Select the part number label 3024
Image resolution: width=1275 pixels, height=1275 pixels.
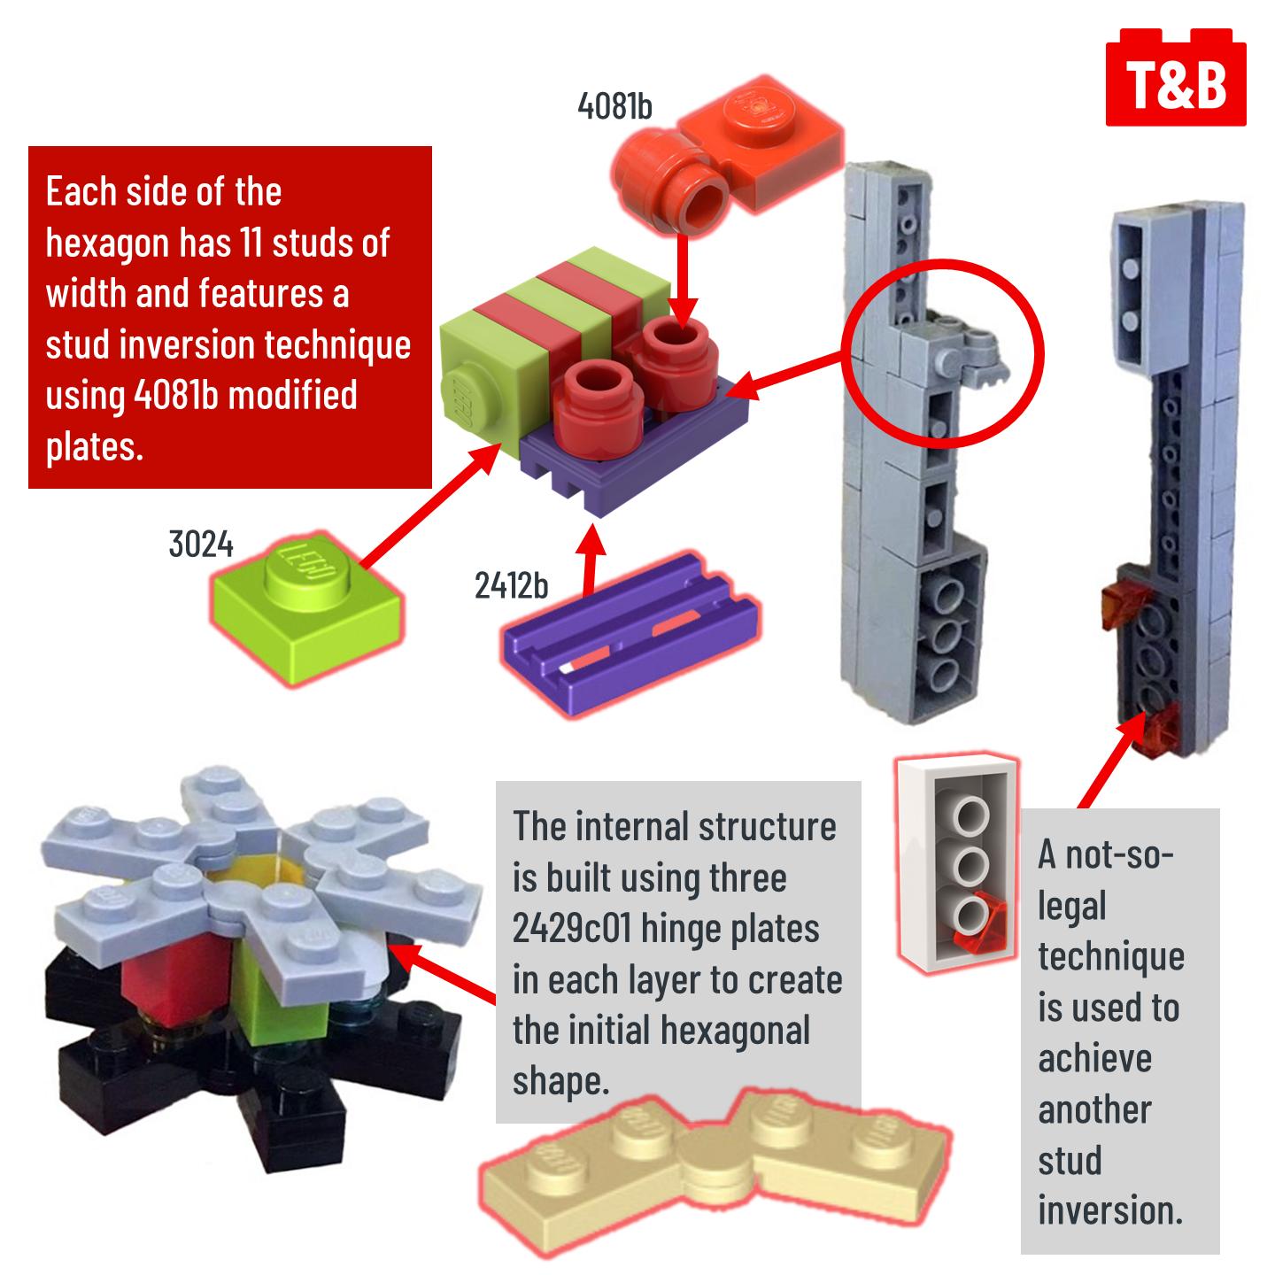(x=201, y=545)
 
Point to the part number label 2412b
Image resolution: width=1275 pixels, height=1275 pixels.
(x=511, y=585)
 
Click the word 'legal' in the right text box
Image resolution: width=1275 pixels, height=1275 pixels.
(x=1072, y=906)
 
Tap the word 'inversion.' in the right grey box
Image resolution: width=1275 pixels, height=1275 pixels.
(x=1110, y=1210)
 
